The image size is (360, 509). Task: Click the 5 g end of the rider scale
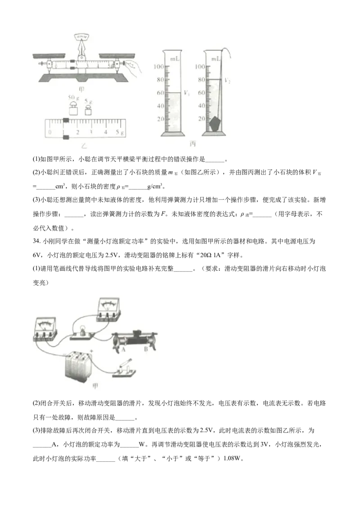coord(119,132)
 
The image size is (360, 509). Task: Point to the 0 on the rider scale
coord(50,132)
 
